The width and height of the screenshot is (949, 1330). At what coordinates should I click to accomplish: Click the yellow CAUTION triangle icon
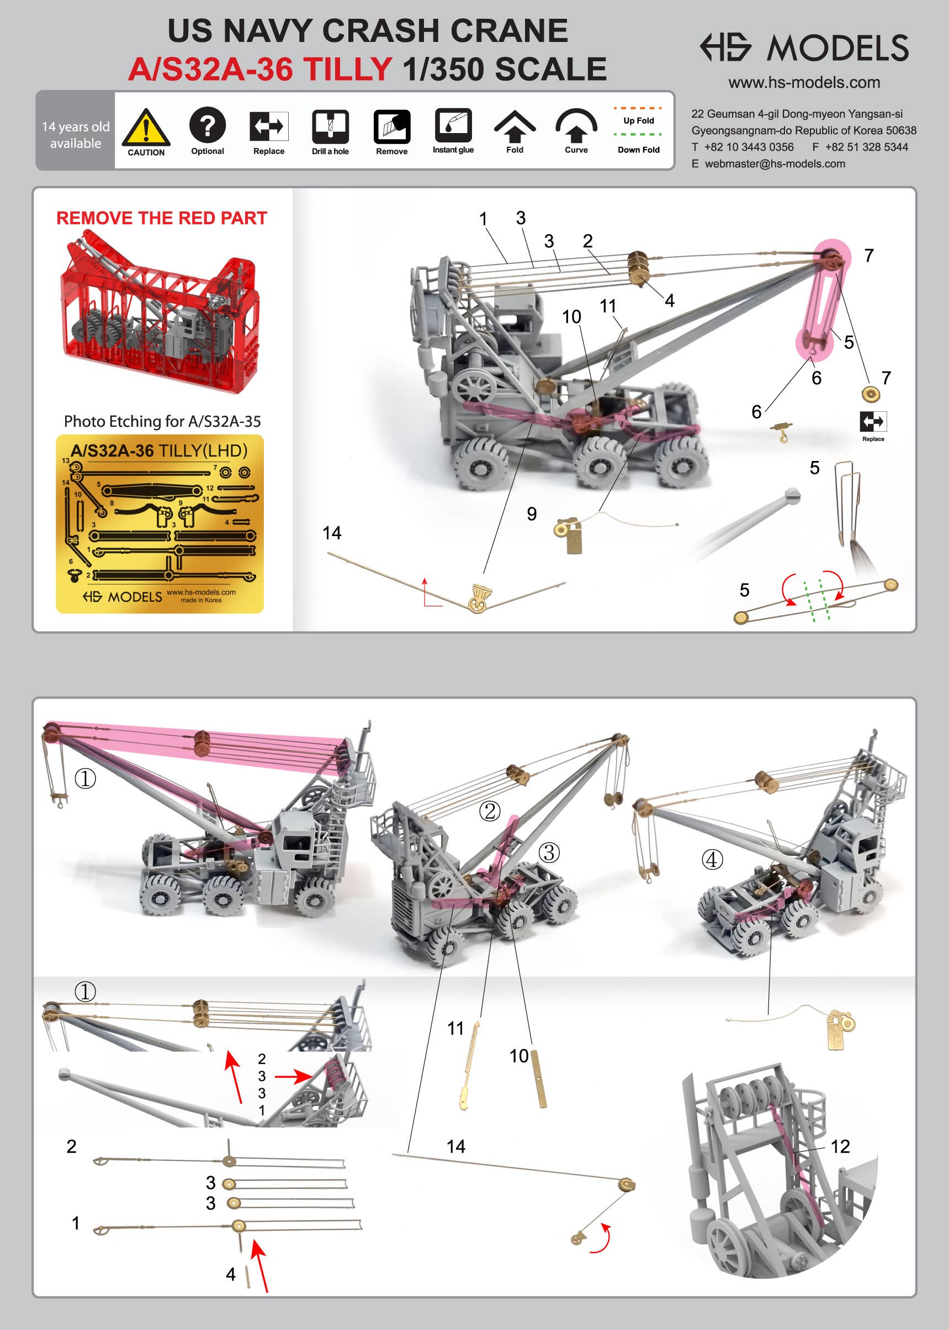click(146, 127)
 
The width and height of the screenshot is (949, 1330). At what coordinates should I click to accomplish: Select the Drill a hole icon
click(330, 126)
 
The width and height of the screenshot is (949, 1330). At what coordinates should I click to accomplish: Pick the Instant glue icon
click(453, 125)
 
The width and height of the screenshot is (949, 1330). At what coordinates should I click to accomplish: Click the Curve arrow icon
click(576, 125)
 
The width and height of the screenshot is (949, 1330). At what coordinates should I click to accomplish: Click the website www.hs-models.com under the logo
click(804, 82)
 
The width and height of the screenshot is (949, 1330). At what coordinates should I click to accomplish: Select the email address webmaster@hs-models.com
click(775, 163)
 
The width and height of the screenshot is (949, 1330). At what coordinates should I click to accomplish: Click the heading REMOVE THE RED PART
click(161, 218)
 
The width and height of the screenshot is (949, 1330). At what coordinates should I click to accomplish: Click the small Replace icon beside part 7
click(873, 421)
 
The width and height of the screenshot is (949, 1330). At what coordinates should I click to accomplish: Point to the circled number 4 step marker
click(712, 859)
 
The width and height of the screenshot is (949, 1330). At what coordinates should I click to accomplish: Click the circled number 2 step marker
click(490, 810)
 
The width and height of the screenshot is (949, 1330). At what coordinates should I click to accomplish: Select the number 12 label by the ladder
click(840, 1147)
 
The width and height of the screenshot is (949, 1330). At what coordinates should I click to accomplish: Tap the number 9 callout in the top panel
click(532, 513)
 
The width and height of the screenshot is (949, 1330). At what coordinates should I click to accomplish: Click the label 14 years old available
click(76, 135)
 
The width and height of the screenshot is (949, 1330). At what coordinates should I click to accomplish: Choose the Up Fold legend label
click(639, 120)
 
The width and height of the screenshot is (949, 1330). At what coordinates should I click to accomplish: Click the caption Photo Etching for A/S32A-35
click(162, 421)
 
